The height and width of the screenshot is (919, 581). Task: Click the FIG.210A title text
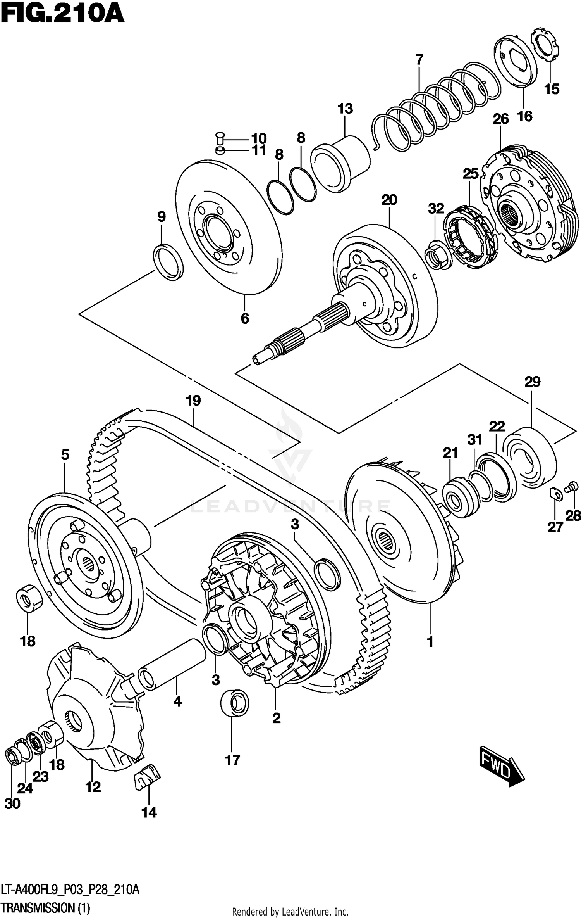pyautogui.click(x=62, y=15)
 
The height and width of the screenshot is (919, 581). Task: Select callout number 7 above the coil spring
pyautogui.click(x=419, y=60)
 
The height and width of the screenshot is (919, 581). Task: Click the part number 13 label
pyautogui.click(x=345, y=109)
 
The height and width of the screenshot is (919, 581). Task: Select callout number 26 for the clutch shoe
pyautogui.click(x=500, y=119)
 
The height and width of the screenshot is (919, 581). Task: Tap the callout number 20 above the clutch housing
pyautogui.click(x=389, y=200)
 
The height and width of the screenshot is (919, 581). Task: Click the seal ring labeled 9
pyautogui.click(x=168, y=262)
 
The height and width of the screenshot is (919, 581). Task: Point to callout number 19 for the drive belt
pyautogui.click(x=193, y=401)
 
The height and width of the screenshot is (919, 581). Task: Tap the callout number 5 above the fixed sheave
pyautogui.click(x=65, y=454)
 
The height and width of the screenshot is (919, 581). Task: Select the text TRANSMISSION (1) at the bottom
pyautogui.click(x=46, y=907)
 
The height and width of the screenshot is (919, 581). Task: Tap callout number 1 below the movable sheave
pyautogui.click(x=430, y=642)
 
